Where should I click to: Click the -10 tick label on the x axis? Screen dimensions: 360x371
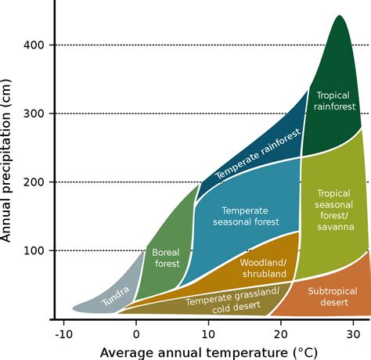(63, 332)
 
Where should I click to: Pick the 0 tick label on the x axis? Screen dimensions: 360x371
(136, 332)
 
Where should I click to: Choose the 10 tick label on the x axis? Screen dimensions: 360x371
(207, 332)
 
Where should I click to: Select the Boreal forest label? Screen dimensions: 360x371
(166, 258)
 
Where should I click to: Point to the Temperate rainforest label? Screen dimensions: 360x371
(258, 156)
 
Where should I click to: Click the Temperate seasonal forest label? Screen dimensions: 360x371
(245, 216)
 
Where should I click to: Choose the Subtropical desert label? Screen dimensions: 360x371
(332, 296)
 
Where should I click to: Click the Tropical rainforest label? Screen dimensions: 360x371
(334, 101)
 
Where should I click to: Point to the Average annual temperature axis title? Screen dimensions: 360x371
(207, 351)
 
